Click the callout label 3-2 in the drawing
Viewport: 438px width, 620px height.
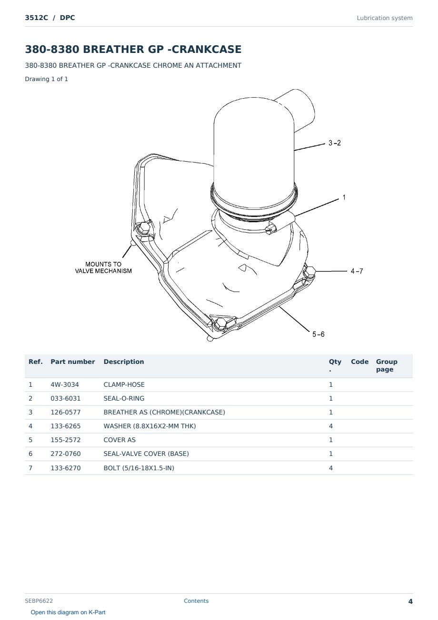pyautogui.click(x=334, y=143)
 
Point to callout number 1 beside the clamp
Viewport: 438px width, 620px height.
pyautogui.click(x=344, y=197)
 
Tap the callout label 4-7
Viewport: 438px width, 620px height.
pyautogui.click(x=357, y=271)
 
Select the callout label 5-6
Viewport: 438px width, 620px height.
pyautogui.click(x=319, y=334)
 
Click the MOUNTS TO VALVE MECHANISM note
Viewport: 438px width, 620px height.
pyautogui.click(x=103, y=268)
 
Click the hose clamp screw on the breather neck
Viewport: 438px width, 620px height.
pyautogui.click(x=271, y=228)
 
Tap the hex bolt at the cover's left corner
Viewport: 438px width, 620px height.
pyautogui.click(x=144, y=228)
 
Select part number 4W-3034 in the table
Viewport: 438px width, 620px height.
pyautogui.click(x=65, y=384)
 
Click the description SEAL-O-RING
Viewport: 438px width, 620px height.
pyautogui.click(x=124, y=398)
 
